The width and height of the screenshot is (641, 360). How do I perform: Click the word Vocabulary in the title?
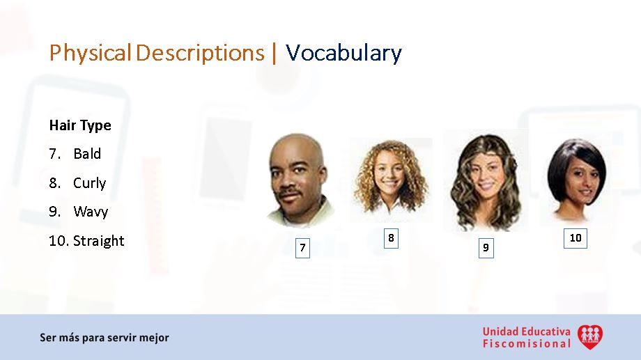(x=343, y=53)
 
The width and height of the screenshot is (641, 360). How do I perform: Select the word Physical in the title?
(x=90, y=53)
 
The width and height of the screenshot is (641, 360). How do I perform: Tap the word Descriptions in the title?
(x=200, y=53)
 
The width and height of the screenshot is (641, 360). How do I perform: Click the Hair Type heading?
(x=80, y=125)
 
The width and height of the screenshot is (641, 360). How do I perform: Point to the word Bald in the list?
(x=87, y=154)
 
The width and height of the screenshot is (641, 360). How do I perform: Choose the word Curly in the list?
(x=90, y=183)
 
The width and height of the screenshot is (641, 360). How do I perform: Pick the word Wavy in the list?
(x=91, y=212)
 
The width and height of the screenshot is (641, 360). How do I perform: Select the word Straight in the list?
(x=99, y=241)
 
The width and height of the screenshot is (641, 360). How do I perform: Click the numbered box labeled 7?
(x=302, y=247)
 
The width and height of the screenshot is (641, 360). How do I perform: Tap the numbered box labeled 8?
(x=391, y=238)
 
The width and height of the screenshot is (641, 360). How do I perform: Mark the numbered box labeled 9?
(x=486, y=247)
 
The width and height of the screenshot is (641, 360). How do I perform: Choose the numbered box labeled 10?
(x=576, y=237)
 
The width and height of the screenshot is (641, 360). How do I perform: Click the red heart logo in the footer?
(x=590, y=337)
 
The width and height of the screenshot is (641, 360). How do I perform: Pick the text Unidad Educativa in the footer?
(x=526, y=331)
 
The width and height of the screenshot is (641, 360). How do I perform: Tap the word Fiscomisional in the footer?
(x=526, y=343)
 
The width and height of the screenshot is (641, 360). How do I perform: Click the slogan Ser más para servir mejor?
(x=105, y=338)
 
